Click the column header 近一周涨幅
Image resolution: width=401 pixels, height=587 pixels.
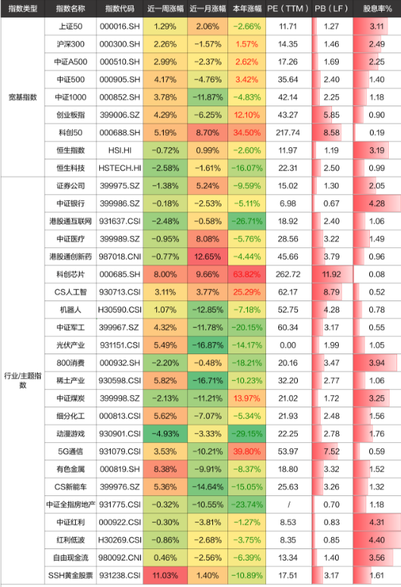click(x=165, y=8)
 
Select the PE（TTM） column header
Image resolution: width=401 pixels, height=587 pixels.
click(x=288, y=8)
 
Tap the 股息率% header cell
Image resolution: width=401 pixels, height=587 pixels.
click(x=377, y=8)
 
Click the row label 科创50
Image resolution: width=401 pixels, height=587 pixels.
click(x=70, y=133)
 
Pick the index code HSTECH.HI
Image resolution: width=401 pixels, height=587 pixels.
click(x=120, y=168)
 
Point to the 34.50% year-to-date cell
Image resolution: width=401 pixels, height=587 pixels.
click(x=247, y=133)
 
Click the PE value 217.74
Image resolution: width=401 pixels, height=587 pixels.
click(x=288, y=133)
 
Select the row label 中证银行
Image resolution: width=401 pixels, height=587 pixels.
click(x=70, y=204)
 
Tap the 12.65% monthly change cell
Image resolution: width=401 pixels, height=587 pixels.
click(x=208, y=257)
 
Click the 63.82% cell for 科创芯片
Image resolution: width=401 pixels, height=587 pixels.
click(x=247, y=275)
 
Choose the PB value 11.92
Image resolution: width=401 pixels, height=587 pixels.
click(x=331, y=275)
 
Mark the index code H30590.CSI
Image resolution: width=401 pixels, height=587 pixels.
click(x=120, y=310)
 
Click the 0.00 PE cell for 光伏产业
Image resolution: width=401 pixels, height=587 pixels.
click(x=288, y=345)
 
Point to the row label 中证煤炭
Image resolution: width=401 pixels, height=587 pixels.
click(x=70, y=398)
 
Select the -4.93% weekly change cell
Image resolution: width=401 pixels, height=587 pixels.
click(x=165, y=434)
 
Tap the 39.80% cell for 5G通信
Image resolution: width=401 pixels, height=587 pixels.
click(x=247, y=451)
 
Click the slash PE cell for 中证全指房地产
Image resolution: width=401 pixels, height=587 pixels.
click(x=288, y=504)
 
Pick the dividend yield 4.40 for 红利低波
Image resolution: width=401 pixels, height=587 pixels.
click(x=377, y=540)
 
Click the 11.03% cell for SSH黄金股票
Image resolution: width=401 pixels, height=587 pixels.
click(x=165, y=576)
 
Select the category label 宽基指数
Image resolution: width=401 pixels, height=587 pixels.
click(x=23, y=97)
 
